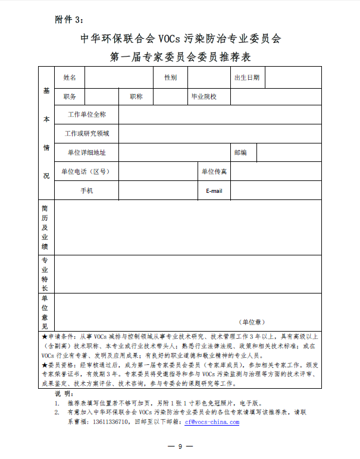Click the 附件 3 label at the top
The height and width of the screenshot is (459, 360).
point(70,20)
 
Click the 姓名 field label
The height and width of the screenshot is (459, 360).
point(70,77)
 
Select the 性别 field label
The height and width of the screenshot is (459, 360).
point(171,77)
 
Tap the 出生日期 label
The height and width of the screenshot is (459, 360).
point(247,77)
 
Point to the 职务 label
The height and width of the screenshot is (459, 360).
point(70,96)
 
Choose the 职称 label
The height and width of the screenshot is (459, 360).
point(136,96)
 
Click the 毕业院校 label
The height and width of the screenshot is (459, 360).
point(203,96)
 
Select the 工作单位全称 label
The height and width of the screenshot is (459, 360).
point(87,114)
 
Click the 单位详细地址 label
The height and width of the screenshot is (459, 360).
point(87,152)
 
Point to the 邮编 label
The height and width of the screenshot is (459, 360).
point(240,152)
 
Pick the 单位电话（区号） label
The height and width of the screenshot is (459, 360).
point(87,171)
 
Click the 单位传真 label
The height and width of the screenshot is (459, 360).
point(214,171)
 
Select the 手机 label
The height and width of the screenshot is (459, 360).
point(87,191)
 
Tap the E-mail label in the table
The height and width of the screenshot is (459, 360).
point(214,191)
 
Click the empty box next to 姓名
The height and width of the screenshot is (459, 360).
point(118,77)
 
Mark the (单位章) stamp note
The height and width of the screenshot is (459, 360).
point(252,321)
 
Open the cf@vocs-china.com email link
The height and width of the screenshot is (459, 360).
point(211,421)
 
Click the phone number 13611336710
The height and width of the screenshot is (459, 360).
point(111,421)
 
